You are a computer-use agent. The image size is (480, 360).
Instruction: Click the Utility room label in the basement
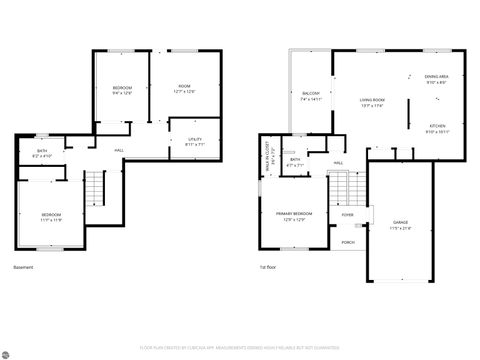coord(195,141)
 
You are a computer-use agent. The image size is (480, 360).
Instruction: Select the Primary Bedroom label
coord(294,215)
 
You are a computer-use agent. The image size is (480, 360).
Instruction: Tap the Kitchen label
coord(437,128)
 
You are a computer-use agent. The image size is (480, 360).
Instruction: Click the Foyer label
coord(348,214)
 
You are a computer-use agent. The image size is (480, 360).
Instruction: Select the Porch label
coord(348,241)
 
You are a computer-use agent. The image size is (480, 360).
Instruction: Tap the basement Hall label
coord(118,150)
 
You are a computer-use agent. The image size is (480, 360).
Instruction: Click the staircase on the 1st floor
coord(340,186)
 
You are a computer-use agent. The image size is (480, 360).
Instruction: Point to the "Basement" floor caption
coord(23,267)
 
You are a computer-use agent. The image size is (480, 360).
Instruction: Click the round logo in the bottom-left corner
coord(7,352)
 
